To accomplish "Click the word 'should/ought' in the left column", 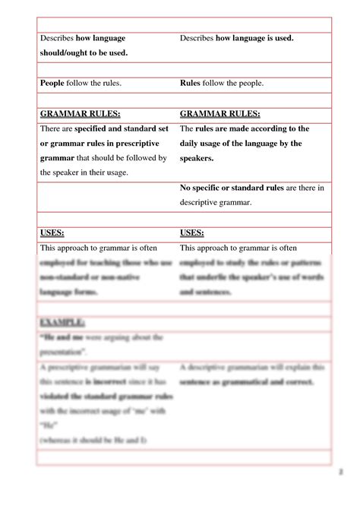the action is click(62, 52).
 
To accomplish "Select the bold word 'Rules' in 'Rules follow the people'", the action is click(191, 84).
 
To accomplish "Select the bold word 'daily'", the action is click(191, 144).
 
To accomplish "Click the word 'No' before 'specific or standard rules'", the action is click(186, 188).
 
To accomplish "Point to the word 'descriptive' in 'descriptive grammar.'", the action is click(201, 202).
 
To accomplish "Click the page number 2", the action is click(343, 494).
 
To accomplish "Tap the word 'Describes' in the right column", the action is click(197, 38).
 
